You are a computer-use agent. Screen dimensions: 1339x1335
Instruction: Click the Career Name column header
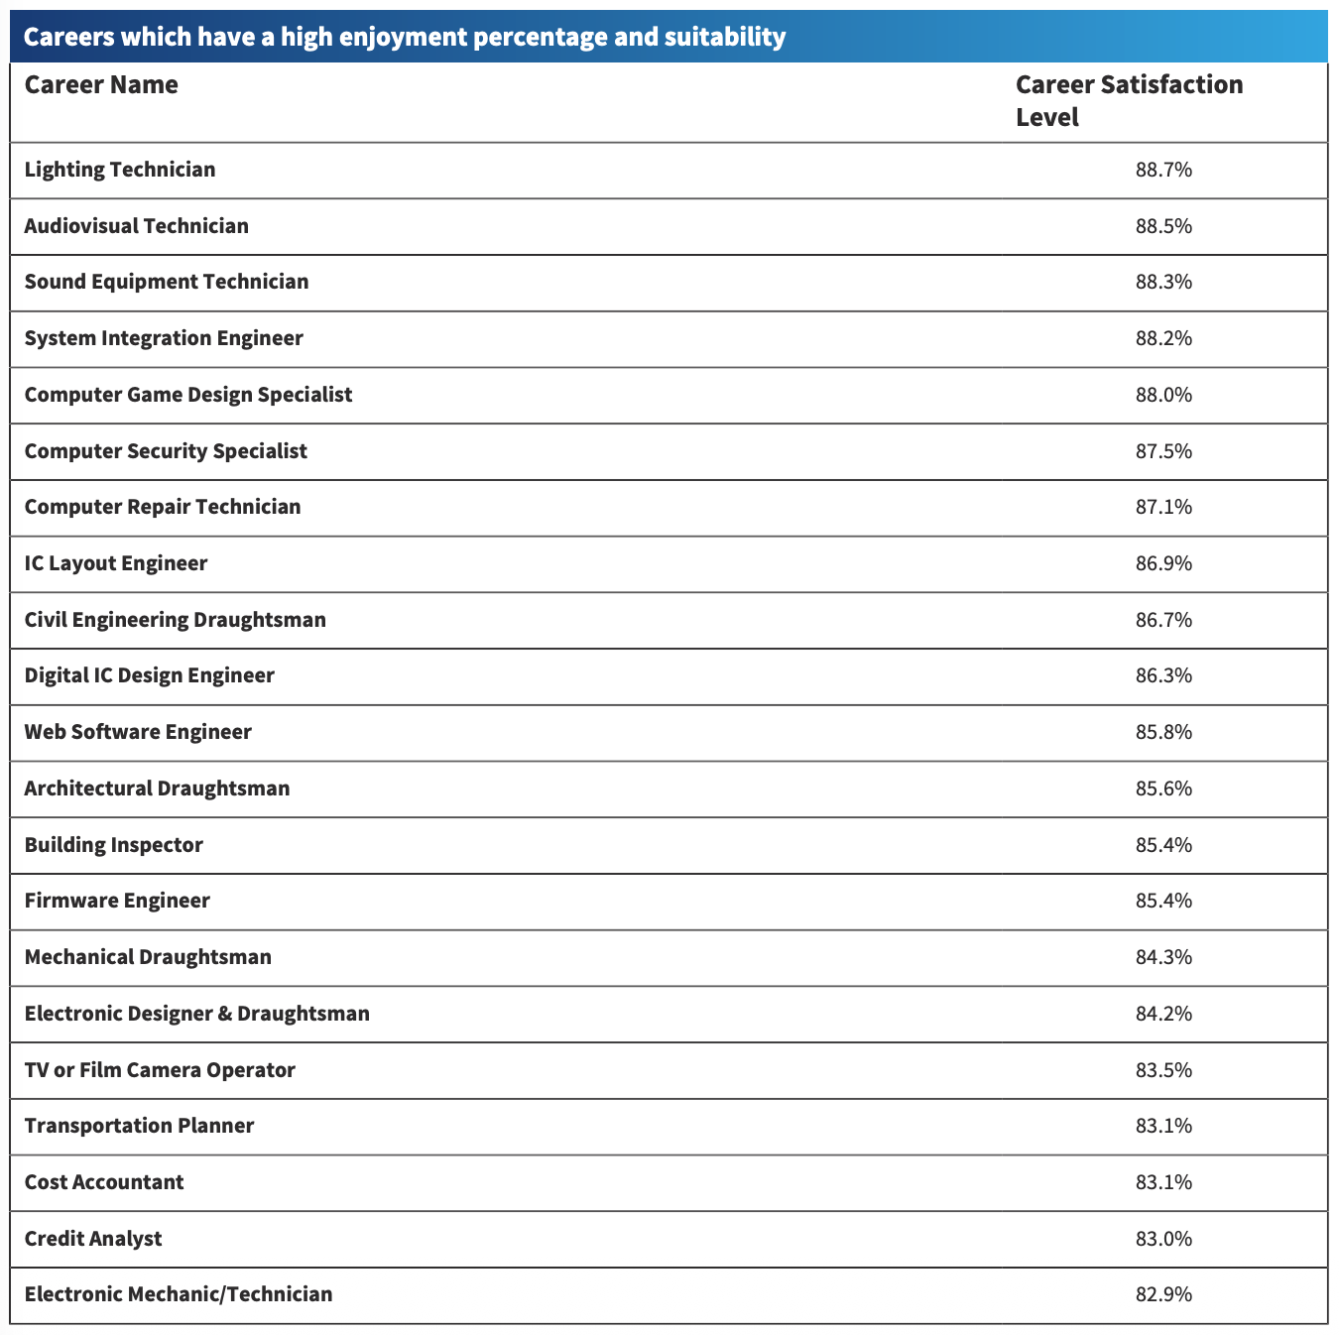tap(101, 84)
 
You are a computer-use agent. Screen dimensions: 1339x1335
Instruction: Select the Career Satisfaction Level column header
tap(1129, 101)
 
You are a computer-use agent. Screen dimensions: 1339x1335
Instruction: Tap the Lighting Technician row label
tap(119, 171)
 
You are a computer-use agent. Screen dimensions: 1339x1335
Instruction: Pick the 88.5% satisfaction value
tap(1163, 226)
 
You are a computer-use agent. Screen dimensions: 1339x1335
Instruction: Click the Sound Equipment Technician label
tap(166, 282)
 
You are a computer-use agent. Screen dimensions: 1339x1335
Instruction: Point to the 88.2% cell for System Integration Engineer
tap(1163, 338)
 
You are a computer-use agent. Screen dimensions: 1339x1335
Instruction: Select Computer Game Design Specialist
tap(188, 395)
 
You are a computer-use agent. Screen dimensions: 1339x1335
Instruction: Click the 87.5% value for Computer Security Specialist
tap(1163, 451)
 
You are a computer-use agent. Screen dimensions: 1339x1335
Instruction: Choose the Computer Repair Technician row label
tap(163, 507)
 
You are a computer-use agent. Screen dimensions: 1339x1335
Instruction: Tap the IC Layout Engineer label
tap(115, 563)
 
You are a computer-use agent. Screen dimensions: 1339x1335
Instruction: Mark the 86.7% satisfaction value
tap(1163, 620)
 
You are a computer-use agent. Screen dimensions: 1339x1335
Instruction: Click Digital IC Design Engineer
tap(150, 676)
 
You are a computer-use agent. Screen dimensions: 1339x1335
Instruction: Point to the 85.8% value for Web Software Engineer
tap(1163, 732)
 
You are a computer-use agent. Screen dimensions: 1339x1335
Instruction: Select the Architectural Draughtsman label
tap(157, 789)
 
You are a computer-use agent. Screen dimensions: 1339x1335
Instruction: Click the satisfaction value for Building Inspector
tap(1163, 845)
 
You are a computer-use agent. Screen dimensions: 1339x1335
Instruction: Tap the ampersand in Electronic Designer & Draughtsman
tap(224, 1014)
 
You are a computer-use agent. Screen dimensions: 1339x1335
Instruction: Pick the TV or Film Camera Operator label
tap(160, 1070)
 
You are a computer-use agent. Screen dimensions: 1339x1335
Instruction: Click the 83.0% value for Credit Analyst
tap(1163, 1239)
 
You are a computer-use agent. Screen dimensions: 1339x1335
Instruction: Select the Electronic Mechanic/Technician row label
tap(179, 1294)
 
